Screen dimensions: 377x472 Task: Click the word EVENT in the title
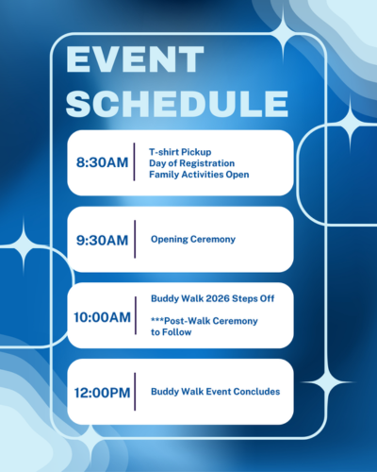135,59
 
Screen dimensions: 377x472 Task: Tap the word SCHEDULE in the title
177,104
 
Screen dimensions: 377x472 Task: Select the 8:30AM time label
102,162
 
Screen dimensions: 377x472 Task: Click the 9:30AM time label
102,241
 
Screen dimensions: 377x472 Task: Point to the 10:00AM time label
102,317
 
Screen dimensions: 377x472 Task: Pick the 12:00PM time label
102,393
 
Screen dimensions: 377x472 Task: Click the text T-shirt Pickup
180,152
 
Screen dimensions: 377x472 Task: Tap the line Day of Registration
191,163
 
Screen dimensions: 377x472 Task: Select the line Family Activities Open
199,175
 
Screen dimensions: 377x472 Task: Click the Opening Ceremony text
193,240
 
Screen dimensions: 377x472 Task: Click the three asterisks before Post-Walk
157,319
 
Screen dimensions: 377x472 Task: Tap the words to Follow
172,332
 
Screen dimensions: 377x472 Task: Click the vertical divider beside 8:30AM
134,161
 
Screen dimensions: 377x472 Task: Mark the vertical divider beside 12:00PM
135,392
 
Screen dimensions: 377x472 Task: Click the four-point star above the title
283,32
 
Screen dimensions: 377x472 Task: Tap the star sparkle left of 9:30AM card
24,245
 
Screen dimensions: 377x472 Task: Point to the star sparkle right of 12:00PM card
328,382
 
